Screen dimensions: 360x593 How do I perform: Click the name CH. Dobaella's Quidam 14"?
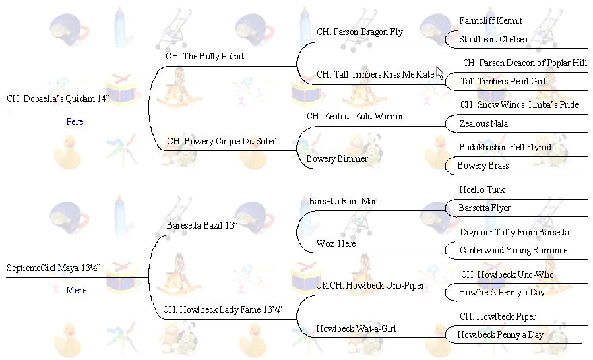click(x=57, y=98)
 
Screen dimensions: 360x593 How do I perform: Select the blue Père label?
click(x=75, y=122)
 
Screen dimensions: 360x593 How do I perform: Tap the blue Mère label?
click(x=76, y=291)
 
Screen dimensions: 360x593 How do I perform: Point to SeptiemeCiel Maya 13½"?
click(x=53, y=268)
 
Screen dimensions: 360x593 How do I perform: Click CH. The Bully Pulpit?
click(x=205, y=57)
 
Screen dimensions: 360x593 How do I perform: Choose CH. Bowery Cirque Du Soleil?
click(x=222, y=142)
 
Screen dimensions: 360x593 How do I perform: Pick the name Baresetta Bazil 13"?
click(x=203, y=225)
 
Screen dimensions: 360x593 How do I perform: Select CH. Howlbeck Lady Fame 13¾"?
click(x=222, y=310)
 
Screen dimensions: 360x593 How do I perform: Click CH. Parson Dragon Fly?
click(x=360, y=32)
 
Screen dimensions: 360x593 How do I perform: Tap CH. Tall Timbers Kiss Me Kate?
click(x=375, y=74)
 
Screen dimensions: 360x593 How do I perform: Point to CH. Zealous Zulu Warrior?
click(x=355, y=116)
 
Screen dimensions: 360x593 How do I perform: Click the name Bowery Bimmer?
click(x=337, y=159)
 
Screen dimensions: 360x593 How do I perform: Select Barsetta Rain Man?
click(x=343, y=201)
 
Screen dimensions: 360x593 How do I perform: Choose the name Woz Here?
click(x=336, y=243)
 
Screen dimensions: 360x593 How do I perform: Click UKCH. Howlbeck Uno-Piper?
click(x=370, y=286)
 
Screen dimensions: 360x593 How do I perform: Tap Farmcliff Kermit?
click(x=491, y=21)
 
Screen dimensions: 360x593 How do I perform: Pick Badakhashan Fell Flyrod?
click(x=505, y=147)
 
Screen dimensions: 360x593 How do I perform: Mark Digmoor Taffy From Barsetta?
click(x=514, y=232)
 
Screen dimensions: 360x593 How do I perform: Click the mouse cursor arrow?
click(x=440, y=72)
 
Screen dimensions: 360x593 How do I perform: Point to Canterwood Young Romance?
click(x=513, y=250)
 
